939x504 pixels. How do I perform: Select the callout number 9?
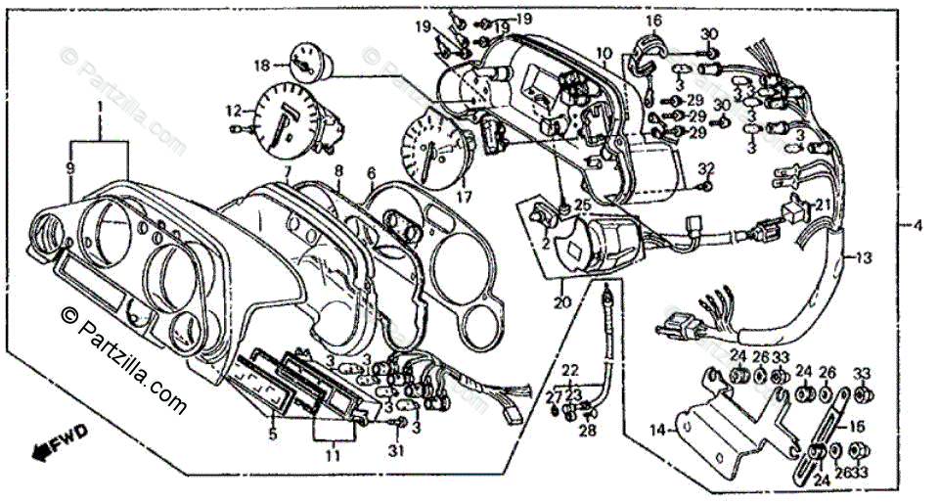[x=69, y=168]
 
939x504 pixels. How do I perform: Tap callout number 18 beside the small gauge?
[x=261, y=66]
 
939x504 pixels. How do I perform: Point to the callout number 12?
[x=233, y=110]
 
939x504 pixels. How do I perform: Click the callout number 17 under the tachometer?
[x=463, y=196]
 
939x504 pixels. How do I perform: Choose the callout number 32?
[x=708, y=169]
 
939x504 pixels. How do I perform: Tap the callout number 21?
[x=822, y=204]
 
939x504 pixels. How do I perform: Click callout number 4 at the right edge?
[x=917, y=226]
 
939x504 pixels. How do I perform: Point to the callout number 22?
[x=570, y=369]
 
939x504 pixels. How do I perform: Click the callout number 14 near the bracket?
[x=658, y=429]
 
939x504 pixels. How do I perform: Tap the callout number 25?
[x=581, y=205]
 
